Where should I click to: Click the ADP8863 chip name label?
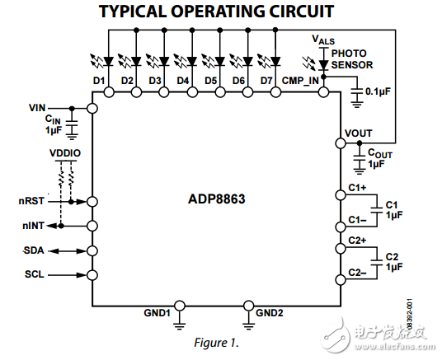click(x=215, y=199)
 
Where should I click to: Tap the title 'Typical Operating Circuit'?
click(x=216, y=12)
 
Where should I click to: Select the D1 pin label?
click(x=99, y=80)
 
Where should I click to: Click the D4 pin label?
click(x=183, y=80)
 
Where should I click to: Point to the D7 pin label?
click(x=266, y=80)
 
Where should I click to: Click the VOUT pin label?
click(x=359, y=133)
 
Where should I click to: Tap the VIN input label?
click(x=37, y=108)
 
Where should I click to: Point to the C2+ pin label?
click(x=357, y=241)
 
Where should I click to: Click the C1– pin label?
click(x=357, y=220)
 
